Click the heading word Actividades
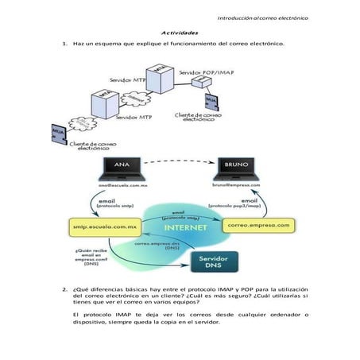click(x=179, y=33)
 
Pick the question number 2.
click(x=64, y=289)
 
